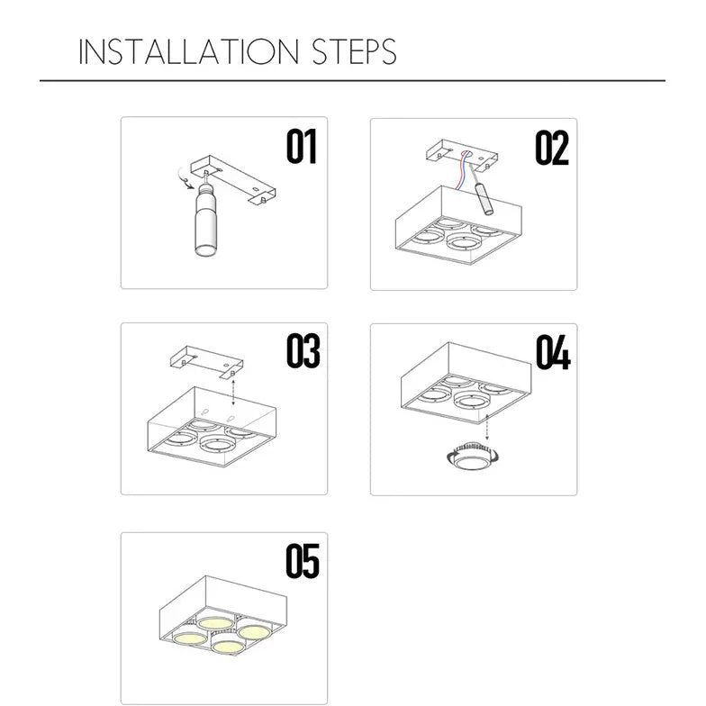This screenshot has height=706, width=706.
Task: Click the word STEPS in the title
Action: click(x=355, y=51)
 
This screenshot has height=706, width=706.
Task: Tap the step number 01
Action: click(x=302, y=146)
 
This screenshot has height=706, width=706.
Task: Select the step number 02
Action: click(x=552, y=148)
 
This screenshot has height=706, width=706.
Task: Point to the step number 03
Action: click(x=303, y=351)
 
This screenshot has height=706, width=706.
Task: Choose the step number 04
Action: click(x=553, y=352)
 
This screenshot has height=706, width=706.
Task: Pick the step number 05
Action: click(x=303, y=561)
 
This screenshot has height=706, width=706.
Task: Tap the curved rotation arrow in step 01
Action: click(x=184, y=178)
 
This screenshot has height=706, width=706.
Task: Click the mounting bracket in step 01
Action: click(x=233, y=179)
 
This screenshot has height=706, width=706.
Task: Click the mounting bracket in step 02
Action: click(x=461, y=155)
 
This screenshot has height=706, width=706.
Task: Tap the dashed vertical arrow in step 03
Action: click(x=232, y=391)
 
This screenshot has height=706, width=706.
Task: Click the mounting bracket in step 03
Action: click(x=207, y=362)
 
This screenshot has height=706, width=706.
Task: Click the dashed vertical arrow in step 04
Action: click(x=486, y=427)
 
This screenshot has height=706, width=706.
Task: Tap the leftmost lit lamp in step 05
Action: click(x=189, y=638)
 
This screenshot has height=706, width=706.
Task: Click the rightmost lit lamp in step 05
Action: click(x=254, y=631)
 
